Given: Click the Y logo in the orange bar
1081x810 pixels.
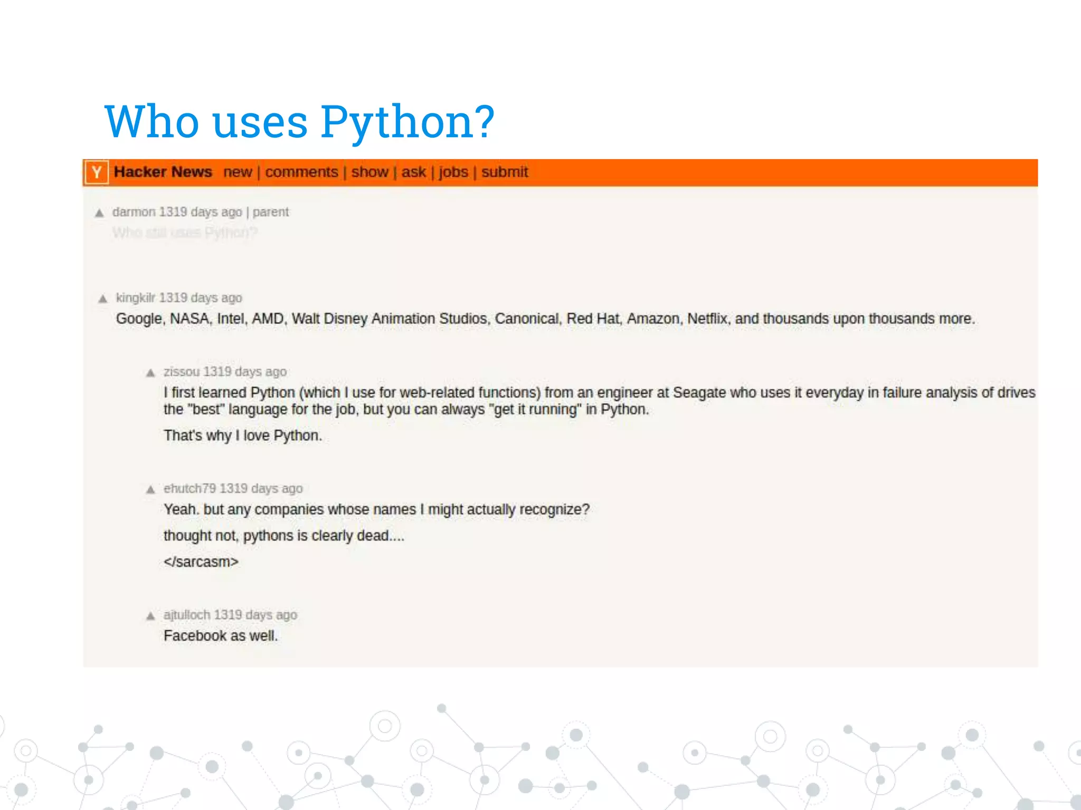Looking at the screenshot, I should click(x=97, y=172).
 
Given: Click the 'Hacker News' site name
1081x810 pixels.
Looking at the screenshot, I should click(x=163, y=172).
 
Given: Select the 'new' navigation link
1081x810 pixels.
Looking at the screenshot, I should click(x=238, y=172).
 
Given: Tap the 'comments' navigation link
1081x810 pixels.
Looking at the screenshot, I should click(x=301, y=172).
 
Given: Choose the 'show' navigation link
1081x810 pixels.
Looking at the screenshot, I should click(x=369, y=172).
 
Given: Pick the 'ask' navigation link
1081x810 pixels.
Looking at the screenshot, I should click(x=413, y=172).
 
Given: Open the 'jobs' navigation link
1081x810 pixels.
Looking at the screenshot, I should click(x=453, y=172).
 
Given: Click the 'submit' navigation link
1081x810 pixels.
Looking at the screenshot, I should click(x=505, y=172).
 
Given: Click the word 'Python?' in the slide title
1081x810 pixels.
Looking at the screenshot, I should click(x=407, y=122).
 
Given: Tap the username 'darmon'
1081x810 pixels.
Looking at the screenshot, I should click(x=134, y=212).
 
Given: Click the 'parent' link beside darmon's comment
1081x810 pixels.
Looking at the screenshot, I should click(x=270, y=212).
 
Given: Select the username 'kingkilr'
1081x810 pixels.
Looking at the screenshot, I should click(x=136, y=298).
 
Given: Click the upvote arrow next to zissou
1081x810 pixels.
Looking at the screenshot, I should click(x=150, y=373).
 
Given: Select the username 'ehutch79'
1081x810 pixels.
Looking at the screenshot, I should click(x=189, y=489).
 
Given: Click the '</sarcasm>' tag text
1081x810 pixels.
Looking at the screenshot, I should click(x=201, y=562).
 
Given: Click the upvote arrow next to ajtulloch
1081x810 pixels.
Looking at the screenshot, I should click(x=150, y=616).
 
